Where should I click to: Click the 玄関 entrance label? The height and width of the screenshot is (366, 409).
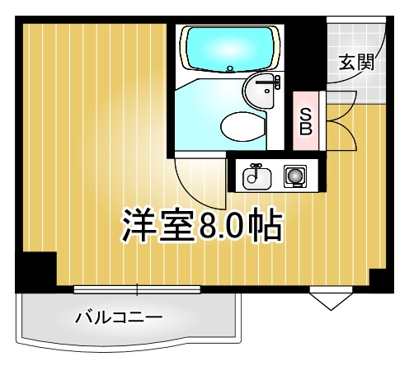click(355, 63)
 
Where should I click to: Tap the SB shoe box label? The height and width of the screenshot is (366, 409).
click(305, 120)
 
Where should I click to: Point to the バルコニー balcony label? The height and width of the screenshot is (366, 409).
click(119, 316)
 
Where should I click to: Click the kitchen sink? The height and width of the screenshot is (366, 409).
click(256, 175)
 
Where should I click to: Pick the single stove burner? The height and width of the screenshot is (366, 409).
click(294, 175)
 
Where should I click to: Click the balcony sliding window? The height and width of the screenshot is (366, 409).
click(137, 289)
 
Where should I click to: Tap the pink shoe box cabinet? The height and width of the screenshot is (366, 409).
click(306, 121)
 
